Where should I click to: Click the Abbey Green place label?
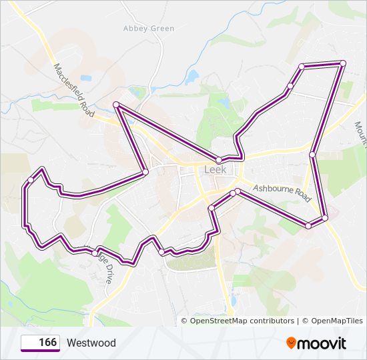click(149, 29)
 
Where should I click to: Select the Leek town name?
click(214, 170)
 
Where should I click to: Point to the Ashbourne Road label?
click(282, 194)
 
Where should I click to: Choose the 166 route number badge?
click(40, 343)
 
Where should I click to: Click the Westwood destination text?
click(91, 343)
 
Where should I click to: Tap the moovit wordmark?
click(323, 343)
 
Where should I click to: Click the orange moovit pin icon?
click(292, 343)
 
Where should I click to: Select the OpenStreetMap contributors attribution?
click(242, 321)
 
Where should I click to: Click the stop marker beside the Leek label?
click(219, 159)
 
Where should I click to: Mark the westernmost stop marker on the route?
click(31, 180)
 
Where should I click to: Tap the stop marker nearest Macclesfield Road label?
click(116, 105)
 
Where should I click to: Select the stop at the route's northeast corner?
click(343, 63)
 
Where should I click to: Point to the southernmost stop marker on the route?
click(162, 251)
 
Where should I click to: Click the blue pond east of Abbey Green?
click(193, 76)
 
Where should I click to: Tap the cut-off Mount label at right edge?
click(360, 133)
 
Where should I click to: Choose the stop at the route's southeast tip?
click(325, 218)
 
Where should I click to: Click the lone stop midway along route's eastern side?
click(312, 155)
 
